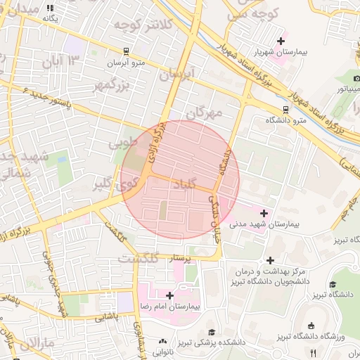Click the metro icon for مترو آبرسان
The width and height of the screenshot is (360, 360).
(125, 51)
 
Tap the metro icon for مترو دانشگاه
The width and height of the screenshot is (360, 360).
(285, 109)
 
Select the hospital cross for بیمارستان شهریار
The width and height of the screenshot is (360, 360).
(281, 41)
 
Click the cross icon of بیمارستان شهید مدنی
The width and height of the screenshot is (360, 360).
(264, 212)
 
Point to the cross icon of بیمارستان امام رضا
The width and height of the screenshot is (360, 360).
(169, 295)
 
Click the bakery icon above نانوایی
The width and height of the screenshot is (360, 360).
(163, 342)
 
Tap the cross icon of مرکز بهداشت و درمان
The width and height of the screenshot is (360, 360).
(270, 260)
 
